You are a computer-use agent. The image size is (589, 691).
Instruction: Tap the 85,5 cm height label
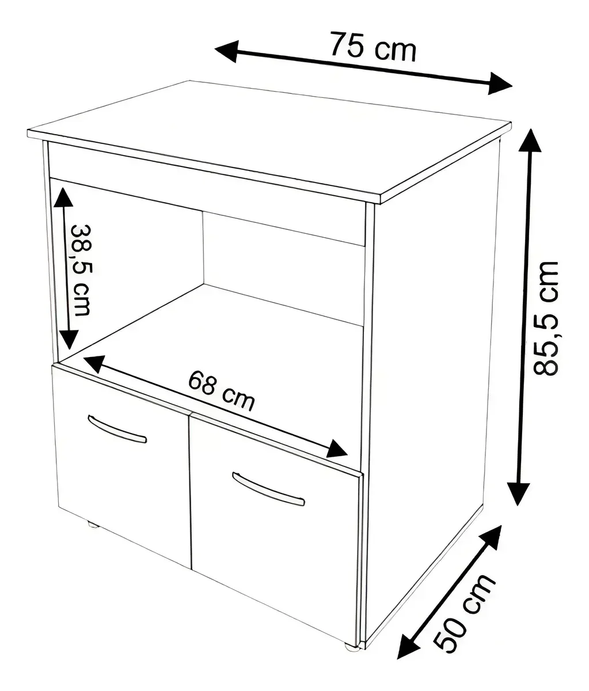point(545,318)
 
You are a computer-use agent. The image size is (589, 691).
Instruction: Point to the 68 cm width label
point(221,390)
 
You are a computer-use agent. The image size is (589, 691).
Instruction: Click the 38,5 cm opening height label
point(82,270)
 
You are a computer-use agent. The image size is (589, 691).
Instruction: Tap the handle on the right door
point(268,489)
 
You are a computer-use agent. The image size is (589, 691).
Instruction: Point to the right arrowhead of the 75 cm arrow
point(499,83)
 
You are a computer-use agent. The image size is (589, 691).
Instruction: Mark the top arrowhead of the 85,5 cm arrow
point(530,141)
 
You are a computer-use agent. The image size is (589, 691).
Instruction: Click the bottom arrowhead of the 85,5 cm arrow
point(518,493)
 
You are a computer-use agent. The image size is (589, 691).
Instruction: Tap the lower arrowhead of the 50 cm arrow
point(408,646)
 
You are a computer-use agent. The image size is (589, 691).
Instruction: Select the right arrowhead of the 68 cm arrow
point(337,449)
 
